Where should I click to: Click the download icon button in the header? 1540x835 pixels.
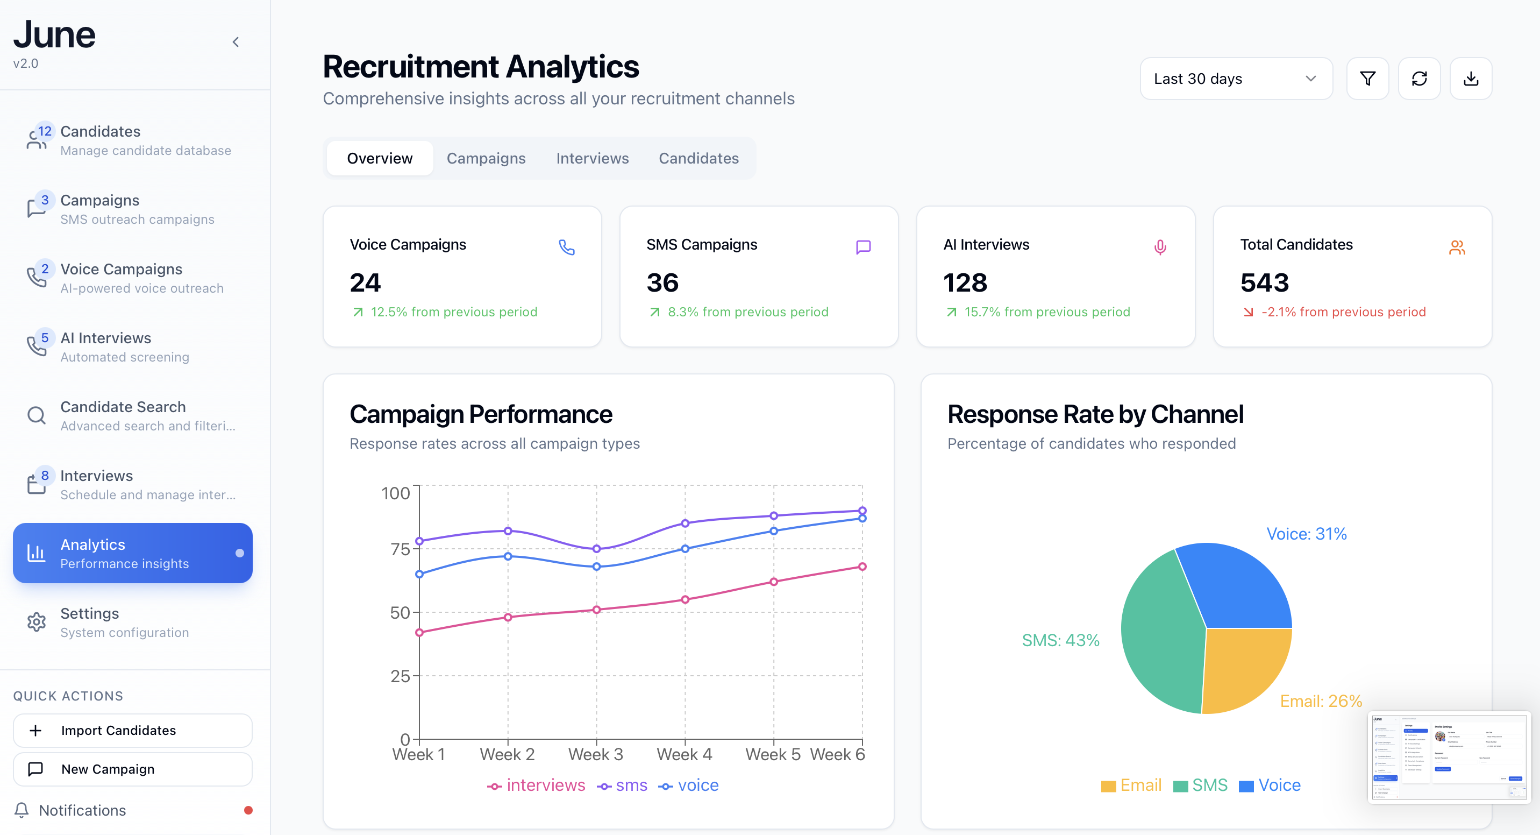pos(1471,79)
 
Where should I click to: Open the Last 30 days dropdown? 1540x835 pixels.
pos(1235,79)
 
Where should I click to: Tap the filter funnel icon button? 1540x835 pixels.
pos(1367,79)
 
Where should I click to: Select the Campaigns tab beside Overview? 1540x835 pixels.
pos(486,159)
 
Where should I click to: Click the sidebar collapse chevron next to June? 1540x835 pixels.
pos(236,42)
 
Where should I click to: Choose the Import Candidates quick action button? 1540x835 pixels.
pos(132,730)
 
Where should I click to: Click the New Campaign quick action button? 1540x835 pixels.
pos(132,769)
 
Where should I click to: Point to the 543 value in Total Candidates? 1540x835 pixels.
pos(1264,283)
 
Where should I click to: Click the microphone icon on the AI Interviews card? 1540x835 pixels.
pos(1160,247)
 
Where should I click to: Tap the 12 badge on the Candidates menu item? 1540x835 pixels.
pos(45,131)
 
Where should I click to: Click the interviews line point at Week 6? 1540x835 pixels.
pos(862,567)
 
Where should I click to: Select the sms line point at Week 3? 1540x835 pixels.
pos(596,548)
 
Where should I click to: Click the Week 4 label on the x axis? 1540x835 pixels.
pos(684,755)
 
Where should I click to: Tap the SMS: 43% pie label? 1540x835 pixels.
pos(1060,641)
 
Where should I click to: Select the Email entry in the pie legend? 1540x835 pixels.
pos(1131,786)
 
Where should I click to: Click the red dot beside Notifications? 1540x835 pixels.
pos(248,810)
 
